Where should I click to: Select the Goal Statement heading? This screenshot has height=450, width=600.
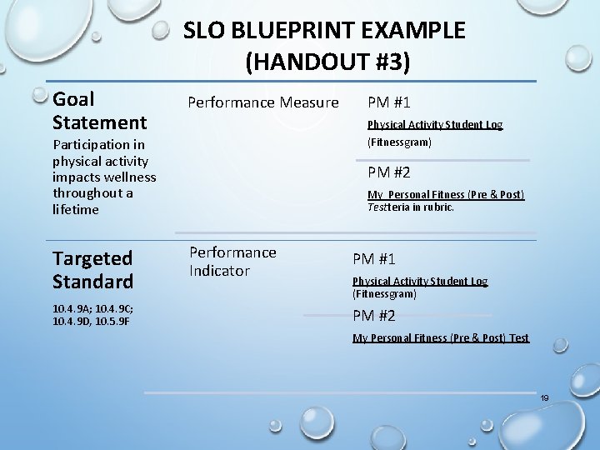coord(99,111)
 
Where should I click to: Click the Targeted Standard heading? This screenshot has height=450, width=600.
coord(92,270)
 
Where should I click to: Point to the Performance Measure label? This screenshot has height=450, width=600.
coord(262,102)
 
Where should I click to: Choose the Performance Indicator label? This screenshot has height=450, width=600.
coord(232,261)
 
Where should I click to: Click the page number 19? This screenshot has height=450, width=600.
coord(544,398)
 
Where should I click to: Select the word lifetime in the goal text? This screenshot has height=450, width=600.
coord(76,209)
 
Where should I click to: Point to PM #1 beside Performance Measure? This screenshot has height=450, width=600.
coord(388,102)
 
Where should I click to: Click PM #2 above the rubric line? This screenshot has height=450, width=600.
coord(388,172)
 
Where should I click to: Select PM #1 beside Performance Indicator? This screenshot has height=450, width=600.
coord(374,259)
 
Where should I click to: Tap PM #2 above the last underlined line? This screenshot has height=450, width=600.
coord(374,315)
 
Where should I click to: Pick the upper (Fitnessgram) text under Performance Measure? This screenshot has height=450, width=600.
coord(399,142)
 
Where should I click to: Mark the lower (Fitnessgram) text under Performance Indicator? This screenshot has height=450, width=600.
coord(384,294)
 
